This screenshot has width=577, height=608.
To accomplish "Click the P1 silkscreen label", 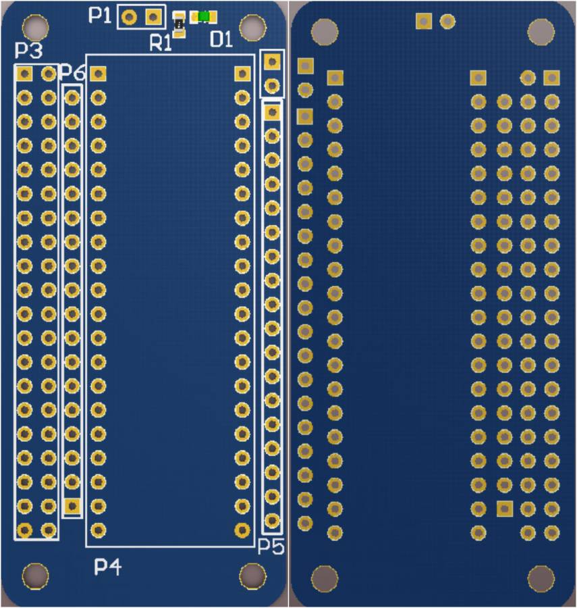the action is tap(99, 15).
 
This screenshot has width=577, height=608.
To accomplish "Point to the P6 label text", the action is tap(72, 72).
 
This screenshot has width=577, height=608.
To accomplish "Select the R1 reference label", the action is tap(161, 43).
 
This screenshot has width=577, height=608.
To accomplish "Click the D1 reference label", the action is tap(221, 39).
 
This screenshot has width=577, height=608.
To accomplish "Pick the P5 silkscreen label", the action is tap(271, 547).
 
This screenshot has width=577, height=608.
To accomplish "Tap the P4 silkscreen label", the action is tap(108, 567).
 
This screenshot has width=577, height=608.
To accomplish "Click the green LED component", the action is tap(203, 17).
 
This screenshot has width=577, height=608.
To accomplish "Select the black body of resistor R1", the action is tap(179, 24).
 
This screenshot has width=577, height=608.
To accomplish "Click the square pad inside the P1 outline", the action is tap(153, 17).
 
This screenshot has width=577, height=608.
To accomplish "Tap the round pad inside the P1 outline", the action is tap(129, 17).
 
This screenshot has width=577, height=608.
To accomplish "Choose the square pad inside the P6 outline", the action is tap(72, 505).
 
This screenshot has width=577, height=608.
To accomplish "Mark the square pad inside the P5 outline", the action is tap(272, 112).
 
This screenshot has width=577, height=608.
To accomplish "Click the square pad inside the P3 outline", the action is tap(24, 73).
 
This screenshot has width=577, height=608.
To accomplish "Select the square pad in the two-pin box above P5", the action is tap(272, 61).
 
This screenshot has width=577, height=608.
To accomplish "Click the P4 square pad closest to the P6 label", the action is tap(98, 74).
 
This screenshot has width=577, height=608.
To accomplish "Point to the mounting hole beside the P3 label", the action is tap(36, 28).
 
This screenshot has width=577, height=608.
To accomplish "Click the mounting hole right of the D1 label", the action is tap(252, 28).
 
